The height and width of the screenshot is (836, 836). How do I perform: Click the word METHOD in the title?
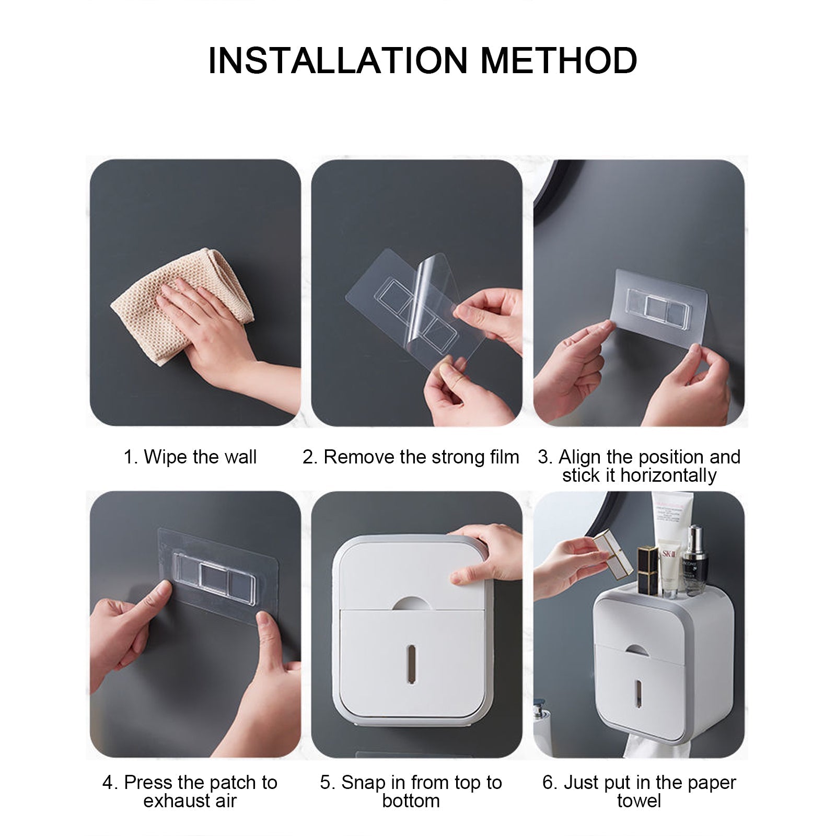pos(559,61)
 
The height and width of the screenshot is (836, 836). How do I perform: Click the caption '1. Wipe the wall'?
pos(190,457)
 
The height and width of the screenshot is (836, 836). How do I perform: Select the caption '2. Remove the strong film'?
pos(411,457)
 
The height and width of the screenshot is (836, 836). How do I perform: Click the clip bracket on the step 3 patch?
pos(658,309)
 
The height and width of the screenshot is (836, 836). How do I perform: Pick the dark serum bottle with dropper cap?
pos(693,562)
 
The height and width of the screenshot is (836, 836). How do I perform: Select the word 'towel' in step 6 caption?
pos(638,801)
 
